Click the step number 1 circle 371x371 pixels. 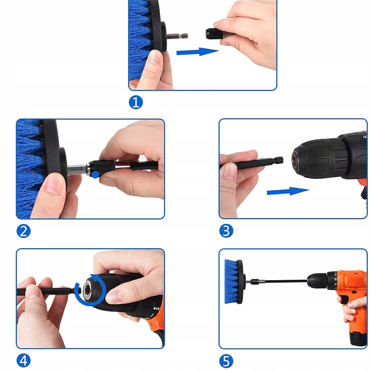tap(136, 102)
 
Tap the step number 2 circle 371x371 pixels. tap(23, 231)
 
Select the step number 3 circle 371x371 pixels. tap(226, 231)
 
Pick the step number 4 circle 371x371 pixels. tap(23, 361)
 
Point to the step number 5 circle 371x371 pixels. tap(226, 361)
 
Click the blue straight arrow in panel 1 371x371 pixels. tap(198, 52)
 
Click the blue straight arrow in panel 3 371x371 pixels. tap(288, 191)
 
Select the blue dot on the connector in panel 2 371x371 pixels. tap(95, 175)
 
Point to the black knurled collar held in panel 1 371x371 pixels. tap(214, 34)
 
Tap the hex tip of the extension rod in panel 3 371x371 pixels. tap(279, 160)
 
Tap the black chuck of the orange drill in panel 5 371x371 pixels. tap(317, 281)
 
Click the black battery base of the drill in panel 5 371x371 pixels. tap(358, 339)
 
